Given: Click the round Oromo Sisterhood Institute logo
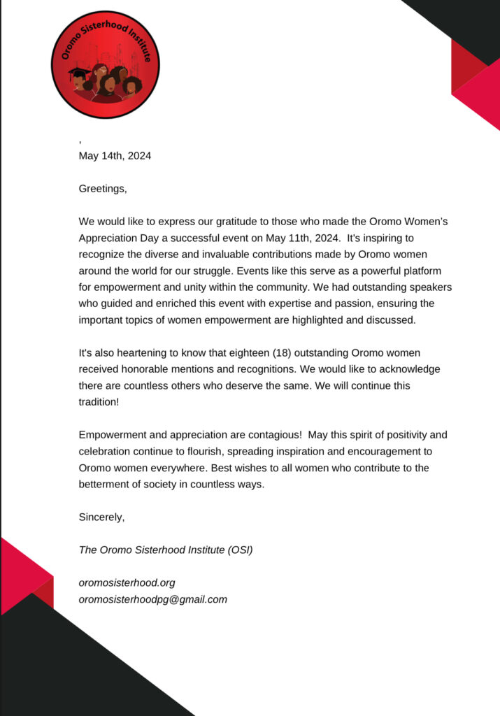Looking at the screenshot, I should click(106, 64).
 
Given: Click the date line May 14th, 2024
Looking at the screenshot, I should click(115, 156).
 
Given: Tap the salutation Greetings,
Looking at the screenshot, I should click(103, 188).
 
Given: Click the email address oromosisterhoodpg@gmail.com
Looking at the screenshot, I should click(152, 599).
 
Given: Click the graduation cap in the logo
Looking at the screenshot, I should click(79, 74).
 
